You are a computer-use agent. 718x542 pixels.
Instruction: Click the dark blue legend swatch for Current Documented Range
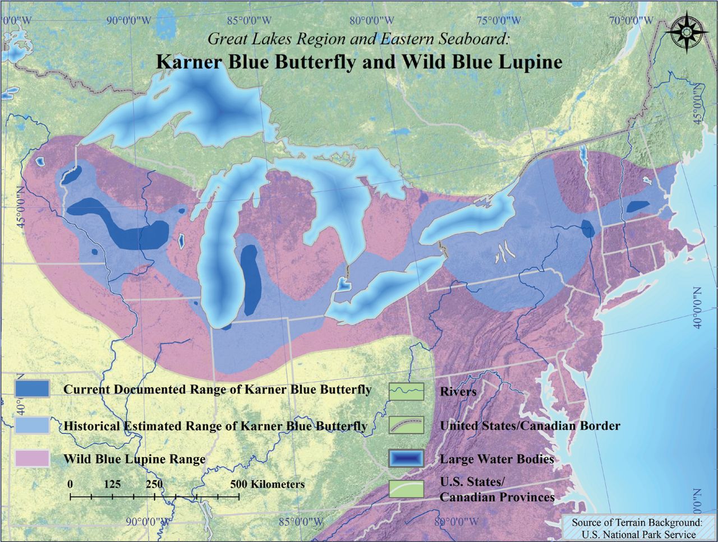point(33,388)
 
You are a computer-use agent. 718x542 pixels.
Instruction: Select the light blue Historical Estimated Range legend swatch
point(33,425)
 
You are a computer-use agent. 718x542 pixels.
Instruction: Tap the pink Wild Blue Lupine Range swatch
point(33,458)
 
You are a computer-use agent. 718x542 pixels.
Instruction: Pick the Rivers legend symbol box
point(406,391)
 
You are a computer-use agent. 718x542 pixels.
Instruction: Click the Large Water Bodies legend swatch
point(406,458)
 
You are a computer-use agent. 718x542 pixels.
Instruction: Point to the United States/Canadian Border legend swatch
point(406,425)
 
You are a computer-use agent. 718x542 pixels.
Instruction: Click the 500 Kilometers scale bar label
point(267,484)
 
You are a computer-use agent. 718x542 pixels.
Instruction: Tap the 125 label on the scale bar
point(112,484)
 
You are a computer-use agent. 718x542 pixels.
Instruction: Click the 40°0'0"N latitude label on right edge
point(698,308)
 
